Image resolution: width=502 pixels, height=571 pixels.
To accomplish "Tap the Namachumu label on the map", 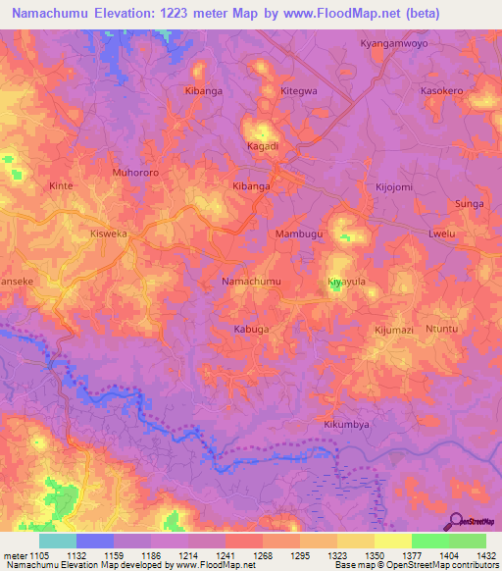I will pos(253,282).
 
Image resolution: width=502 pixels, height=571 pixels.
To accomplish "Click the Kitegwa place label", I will pos(299,90).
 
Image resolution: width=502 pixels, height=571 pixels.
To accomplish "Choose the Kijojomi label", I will pos(394,186).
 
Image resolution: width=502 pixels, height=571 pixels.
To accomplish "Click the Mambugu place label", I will pos(299,235).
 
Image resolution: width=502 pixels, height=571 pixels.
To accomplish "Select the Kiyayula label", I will pos(346,282).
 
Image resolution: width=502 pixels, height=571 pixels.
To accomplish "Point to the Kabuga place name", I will pos(251,330).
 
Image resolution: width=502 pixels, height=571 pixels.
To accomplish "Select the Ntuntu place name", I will pos(441,330).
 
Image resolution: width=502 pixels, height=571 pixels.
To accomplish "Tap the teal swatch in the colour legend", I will pos(57,541).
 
